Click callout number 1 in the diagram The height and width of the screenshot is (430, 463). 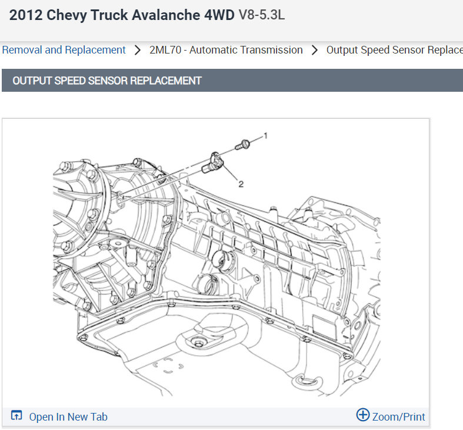(265, 135)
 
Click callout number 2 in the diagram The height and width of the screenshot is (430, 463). (241, 184)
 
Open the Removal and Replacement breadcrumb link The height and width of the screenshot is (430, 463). (64, 50)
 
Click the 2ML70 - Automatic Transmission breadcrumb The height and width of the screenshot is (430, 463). (226, 50)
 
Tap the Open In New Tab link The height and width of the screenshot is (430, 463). (68, 416)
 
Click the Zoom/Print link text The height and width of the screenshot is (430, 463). (398, 416)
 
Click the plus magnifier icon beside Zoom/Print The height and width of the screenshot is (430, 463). (363, 415)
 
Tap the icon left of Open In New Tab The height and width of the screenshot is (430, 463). (16, 416)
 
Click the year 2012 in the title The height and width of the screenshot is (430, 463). (26, 15)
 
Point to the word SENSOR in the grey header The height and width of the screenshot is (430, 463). (108, 81)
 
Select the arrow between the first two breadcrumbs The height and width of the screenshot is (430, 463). (138, 50)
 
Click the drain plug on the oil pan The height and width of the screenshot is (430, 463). (198, 343)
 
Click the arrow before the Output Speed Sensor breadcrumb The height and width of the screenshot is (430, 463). (315, 50)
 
